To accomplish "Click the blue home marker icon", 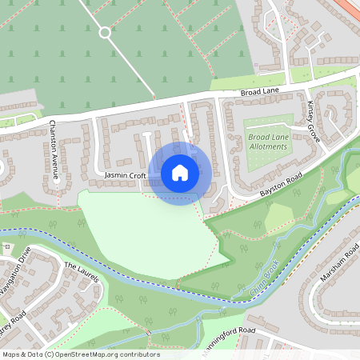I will [180, 173].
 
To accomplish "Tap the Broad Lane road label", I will [258, 94].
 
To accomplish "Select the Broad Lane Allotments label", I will [267, 142].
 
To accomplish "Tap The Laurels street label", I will [81, 272].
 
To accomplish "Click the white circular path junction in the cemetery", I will [103, 33].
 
